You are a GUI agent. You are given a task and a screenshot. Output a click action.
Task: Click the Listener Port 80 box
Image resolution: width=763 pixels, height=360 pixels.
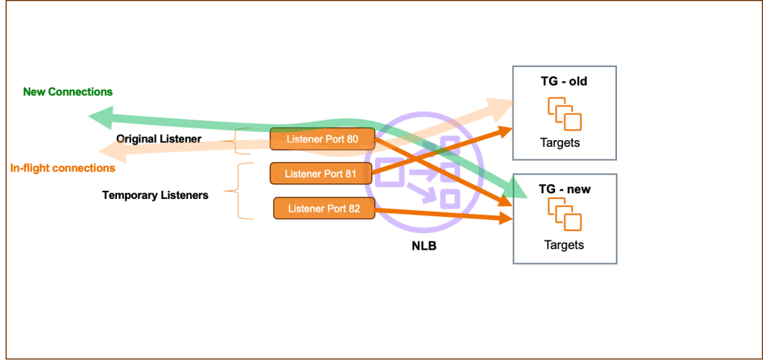[x=321, y=139]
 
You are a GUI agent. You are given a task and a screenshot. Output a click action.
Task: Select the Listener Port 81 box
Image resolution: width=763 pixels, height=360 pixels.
[x=321, y=174]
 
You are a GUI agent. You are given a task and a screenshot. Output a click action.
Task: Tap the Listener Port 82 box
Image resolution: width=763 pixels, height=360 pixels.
[x=324, y=209]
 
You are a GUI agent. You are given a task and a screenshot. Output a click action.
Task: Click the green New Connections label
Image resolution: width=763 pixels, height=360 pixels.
[x=68, y=92]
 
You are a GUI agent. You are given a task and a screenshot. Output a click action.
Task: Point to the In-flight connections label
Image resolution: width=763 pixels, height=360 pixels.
[x=63, y=168]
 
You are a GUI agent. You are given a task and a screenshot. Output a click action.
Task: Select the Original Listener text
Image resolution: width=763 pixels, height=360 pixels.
[x=159, y=139]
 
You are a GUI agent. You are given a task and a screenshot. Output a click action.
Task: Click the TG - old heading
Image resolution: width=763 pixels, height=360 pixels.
[x=564, y=81]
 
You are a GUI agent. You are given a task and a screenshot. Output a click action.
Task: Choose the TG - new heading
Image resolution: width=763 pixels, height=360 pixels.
[x=564, y=189]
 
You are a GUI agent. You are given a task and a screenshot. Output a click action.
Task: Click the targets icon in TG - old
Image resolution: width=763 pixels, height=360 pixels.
[x=564, y=113]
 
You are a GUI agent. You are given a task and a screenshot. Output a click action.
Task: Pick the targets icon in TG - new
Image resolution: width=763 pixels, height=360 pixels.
[x=564, y=215]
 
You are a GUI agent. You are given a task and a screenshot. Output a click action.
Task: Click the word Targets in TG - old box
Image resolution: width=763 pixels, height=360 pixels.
[x=563, y=142]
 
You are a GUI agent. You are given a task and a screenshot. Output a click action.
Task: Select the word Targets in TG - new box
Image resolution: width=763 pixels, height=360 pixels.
[x=563, y=244]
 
